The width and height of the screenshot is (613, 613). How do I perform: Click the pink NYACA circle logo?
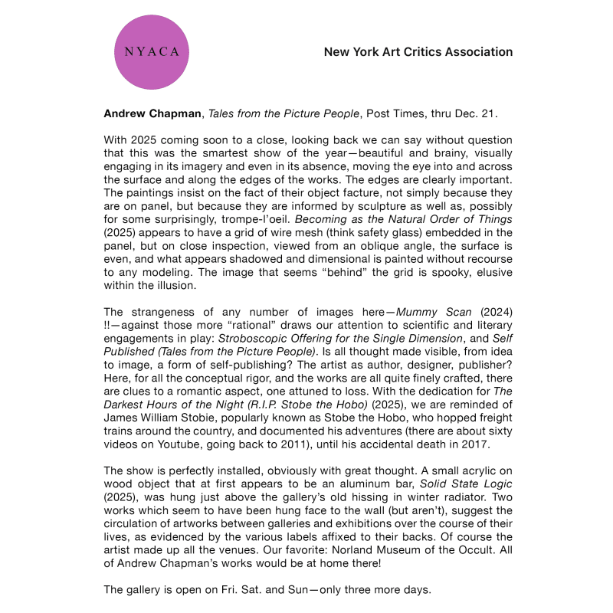(151, 52)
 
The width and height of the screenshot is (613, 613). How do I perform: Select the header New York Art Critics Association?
(418, 52)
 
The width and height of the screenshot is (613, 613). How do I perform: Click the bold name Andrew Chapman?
(150, 114)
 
